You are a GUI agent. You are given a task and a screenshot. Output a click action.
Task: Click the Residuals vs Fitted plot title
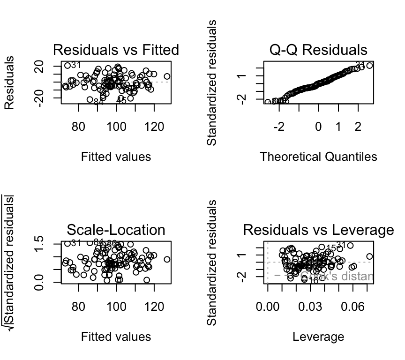tap(116, 50)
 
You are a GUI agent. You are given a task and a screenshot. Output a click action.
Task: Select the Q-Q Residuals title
tap(318, 50)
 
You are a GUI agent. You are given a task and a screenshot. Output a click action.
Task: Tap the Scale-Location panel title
tap(116, 230)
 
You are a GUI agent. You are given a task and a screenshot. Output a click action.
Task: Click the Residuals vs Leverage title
tap(318, 230)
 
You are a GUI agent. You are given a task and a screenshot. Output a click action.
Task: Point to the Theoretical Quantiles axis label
tap(318, 157)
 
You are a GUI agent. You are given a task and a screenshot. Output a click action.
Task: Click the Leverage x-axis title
tap(318, 337)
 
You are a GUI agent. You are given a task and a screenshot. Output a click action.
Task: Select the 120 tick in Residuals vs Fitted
tap(154, 127)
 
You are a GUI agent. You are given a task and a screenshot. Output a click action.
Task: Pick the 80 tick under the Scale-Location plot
tap(78, 307)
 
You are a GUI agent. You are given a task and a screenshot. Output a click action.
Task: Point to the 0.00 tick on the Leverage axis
tap(268, 307)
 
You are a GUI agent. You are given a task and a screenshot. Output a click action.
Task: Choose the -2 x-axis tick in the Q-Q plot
tap(279, 127)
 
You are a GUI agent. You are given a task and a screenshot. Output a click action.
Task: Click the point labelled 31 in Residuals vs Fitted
tap(67, 66)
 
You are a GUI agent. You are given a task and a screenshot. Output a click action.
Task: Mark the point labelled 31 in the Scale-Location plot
tap(67, 243)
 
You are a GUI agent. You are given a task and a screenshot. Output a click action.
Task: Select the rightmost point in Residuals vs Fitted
tap(167, 76)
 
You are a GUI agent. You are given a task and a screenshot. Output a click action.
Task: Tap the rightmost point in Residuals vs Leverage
tap(369, 256)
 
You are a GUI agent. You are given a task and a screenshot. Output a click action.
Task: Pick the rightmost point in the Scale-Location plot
tap(167, 259)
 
